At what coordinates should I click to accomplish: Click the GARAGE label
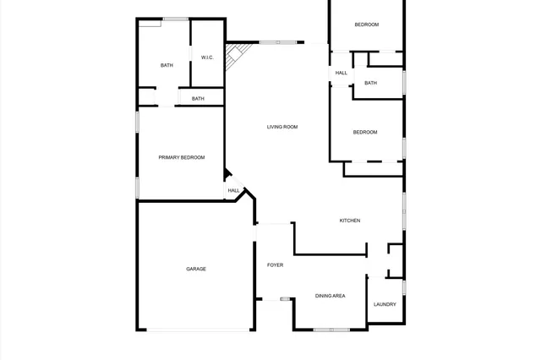tap(196, 269)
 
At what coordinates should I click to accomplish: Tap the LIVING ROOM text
tap(282, 127)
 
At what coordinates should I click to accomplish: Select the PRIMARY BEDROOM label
tap(181, 157)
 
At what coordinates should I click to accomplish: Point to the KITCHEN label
tap(350, 221)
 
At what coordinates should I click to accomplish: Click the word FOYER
tap(275, 265)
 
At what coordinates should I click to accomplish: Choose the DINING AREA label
tap(330, 296)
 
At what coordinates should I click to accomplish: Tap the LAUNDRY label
tap(385, 304)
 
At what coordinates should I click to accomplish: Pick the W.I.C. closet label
tap(207, 57)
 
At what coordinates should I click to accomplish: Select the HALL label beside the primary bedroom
tap(233, 191)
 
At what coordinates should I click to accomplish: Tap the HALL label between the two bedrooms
tap(341, 73)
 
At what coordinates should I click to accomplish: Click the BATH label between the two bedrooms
tap(370, 83)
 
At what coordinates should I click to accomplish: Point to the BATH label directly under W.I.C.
tap(198, 99)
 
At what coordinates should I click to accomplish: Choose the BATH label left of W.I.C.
tap(167, 65)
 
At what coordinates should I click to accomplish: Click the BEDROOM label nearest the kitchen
tap(364, 132)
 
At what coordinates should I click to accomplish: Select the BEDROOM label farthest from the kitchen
tap(366, 25)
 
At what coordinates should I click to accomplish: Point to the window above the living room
tap(276, 42)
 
